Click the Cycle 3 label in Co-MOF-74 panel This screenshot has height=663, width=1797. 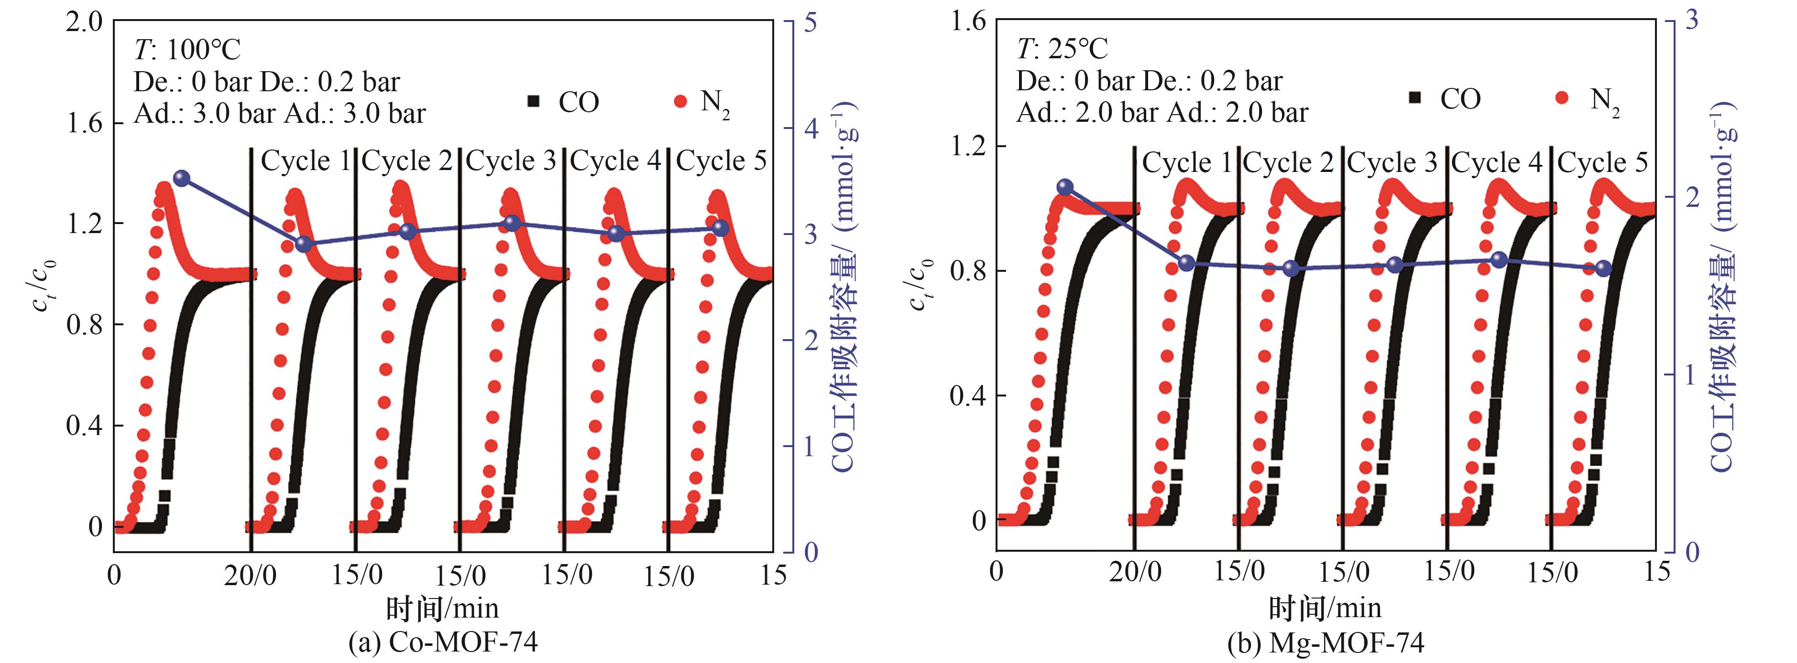point(511,161)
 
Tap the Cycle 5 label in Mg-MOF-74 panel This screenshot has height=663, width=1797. point(1602,162)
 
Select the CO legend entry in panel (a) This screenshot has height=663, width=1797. point(564,103)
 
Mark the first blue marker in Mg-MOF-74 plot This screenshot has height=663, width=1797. point(1064,187)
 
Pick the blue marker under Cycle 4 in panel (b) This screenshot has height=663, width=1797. point(1499,260)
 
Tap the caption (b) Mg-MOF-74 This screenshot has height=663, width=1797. point(1326,642)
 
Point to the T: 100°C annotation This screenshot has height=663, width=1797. point(187,50)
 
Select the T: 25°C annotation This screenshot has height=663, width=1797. point(1062,49)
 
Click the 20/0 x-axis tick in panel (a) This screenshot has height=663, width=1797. point(250,576)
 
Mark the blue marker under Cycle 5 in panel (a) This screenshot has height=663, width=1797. point(721,228)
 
